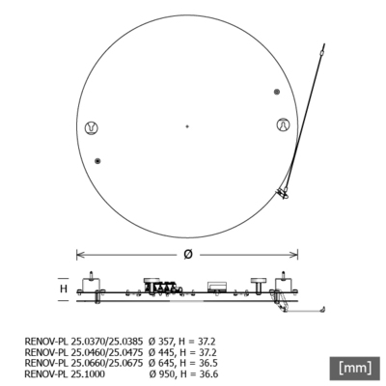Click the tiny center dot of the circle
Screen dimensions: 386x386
[187, 125]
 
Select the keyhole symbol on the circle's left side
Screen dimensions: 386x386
[92, 126]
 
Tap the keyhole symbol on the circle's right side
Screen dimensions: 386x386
[283, 125]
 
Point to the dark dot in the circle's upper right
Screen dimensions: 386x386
[277, 92]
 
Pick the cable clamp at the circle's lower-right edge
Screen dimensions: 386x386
[284, 193]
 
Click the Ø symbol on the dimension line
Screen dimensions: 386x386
[187, 254]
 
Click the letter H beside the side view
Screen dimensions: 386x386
[64, 288]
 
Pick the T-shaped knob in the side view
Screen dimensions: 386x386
[260, 281]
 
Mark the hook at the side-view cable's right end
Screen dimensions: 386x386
[322, 309]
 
